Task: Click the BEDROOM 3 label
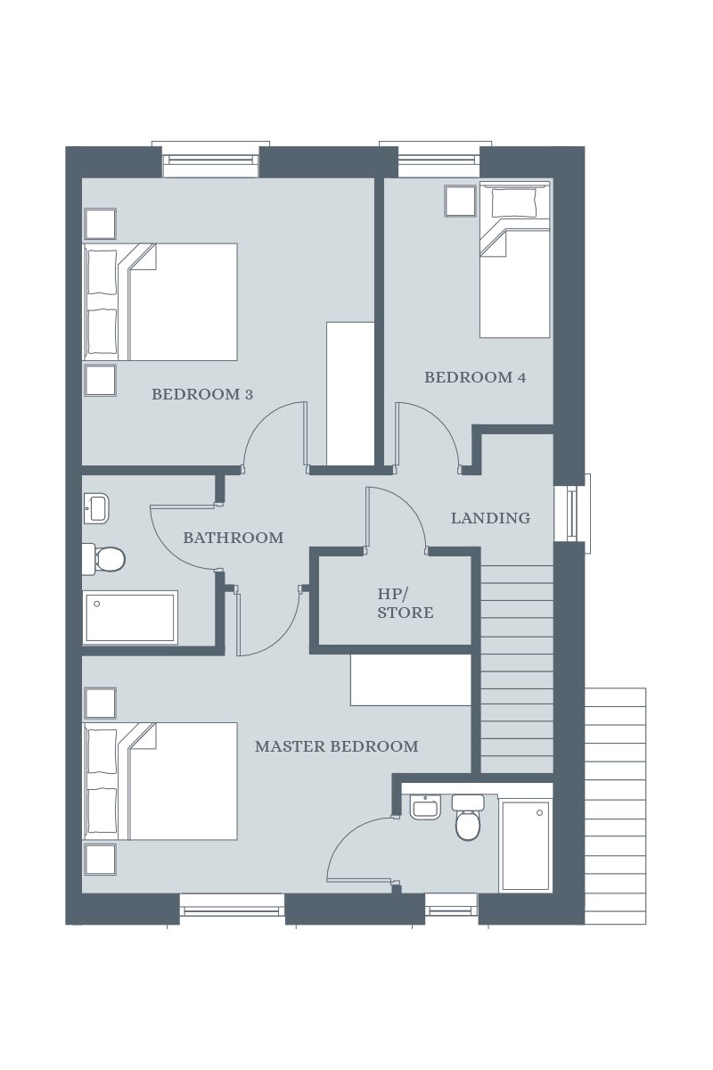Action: tap(202, 394)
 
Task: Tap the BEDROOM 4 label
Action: tap(475, 378)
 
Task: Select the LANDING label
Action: tap(490, 518)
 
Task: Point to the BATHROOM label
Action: tap(233, 538)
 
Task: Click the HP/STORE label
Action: tap(406, 604)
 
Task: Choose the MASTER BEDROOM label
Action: tap(336, 746)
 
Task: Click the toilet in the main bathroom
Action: tap(103, 559)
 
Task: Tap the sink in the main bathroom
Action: tap(96, 508)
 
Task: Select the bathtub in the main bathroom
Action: tap(130, 618)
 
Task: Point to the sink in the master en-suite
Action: tap(425, 807)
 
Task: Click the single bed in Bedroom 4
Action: tap(515, 259)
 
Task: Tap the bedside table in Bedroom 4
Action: tap(461, 202)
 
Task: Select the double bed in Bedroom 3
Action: tap(160, 302)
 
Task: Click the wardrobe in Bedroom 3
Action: tap(350, 393)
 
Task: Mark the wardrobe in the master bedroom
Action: tap(411, 679)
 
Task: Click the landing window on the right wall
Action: tap(572, 514)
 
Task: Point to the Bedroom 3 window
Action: tap(210, 160)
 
